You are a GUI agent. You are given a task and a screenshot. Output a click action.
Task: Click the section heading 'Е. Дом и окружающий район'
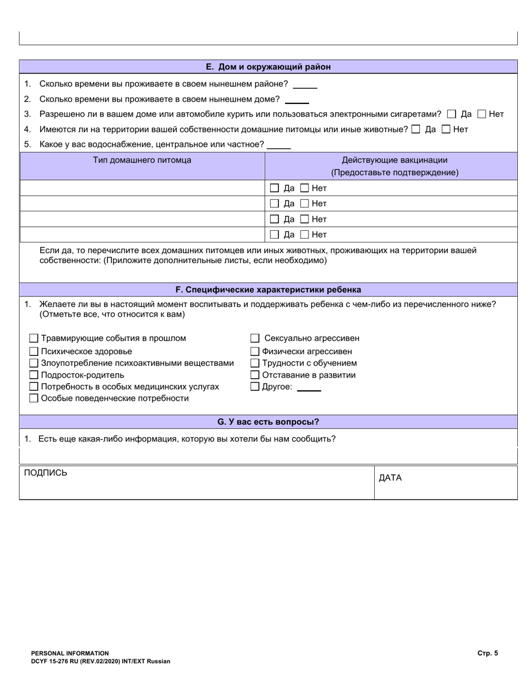click(x=268, y=67)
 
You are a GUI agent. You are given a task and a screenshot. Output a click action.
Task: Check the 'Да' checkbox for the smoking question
click(x=452, y=114)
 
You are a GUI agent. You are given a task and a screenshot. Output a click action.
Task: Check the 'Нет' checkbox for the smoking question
click(x=482, y=114)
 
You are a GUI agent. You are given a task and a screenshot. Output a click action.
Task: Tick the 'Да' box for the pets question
click(x=416, y=129)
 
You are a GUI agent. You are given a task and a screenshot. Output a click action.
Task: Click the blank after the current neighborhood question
click(x=305, y=85)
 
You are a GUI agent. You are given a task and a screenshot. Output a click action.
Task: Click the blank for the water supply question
click(x=279, y=145)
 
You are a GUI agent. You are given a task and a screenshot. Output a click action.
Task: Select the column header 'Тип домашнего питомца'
click(x=142, y=160)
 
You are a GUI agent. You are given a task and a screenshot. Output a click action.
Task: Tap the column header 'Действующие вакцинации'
click(x=394, y=160)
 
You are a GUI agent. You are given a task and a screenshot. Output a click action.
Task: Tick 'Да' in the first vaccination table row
click(x=274, y=188)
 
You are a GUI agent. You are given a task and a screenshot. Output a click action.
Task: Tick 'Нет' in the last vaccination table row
click(x=305, y=234)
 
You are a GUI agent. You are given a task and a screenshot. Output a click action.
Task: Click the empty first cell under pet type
click(x=142, y=188)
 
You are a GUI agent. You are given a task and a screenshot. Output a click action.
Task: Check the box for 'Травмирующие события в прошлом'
click(x=34, y=338)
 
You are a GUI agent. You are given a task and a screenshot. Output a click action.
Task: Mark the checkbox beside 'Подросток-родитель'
click(x=34, y=375)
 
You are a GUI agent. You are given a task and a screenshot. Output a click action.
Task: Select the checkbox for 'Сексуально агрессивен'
click(x=255, y=338)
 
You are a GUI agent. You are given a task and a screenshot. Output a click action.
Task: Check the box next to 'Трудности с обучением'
click(x=255, y=363)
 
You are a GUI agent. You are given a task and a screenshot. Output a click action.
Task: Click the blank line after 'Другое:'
click(x=309, y=388)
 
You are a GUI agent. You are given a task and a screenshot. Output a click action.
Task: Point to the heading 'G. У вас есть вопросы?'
click(x=268, y=422)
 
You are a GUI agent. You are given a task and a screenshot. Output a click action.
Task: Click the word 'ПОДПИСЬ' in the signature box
click(x=46, y=473)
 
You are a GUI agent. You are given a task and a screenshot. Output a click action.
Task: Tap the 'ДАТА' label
click(x=390, y=478)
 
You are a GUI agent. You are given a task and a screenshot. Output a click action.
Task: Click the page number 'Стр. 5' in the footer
click(x=487, y=653)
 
